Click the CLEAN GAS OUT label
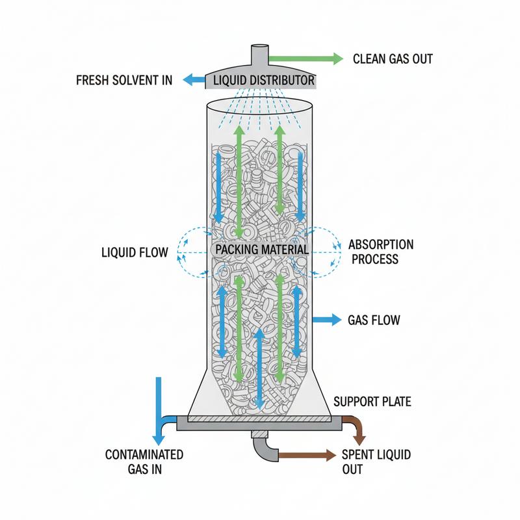click(393, 59)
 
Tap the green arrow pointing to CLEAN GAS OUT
click(305, 59)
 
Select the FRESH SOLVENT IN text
click(124, 80)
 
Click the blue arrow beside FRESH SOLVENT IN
click(194, 80)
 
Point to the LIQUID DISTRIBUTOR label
click(264, 80)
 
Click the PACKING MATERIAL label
click(262, 250)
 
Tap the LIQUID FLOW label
click(135, 253)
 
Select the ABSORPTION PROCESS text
click(381, 252)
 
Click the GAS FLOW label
click(374, 320)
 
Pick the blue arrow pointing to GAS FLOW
click(327, 320)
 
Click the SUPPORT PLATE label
click(372, 402)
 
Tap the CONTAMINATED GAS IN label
click(144, 461)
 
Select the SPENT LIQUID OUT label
click(376, 461)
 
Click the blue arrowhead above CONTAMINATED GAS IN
click(159, 440)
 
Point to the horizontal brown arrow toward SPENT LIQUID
click(307, 456)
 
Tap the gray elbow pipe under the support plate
click(264, 448)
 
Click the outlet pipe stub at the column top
click(259, 55)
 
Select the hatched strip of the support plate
click(259, 419)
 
